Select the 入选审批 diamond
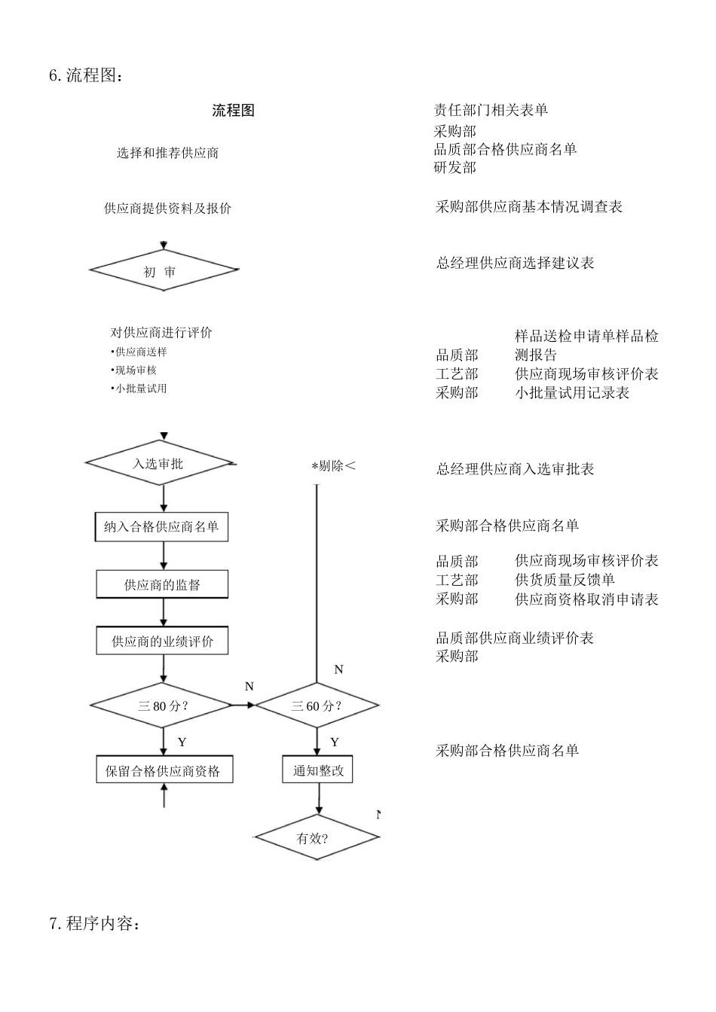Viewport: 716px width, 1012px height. (x=159, y=464)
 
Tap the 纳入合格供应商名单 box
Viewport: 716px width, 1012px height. (x=162, y=527)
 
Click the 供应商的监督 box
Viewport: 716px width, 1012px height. (x=162, y=584)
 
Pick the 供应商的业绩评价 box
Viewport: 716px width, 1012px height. (x=162, y=642)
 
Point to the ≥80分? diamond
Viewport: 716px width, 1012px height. (x=161, y=706)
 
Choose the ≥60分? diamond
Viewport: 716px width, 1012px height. (x=317, y=706)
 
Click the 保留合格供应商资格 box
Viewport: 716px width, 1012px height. (x=164, y=771)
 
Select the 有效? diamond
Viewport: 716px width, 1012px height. (x=316, y=837)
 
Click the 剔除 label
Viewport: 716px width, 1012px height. (x=332, y=466)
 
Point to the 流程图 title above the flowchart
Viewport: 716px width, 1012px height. (x=234, y=111)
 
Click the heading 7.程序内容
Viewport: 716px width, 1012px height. (x=93, y=923)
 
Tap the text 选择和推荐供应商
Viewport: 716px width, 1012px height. (x=167, y=153)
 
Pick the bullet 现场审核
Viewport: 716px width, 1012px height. (x=136, y=370)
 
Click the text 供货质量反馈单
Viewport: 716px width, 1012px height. (x=565, y=580)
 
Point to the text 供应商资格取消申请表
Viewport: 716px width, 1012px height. (x=586, y=599)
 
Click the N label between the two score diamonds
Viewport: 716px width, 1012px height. (x=249, y=687)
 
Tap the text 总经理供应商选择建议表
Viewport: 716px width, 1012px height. (x=516, y=263)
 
